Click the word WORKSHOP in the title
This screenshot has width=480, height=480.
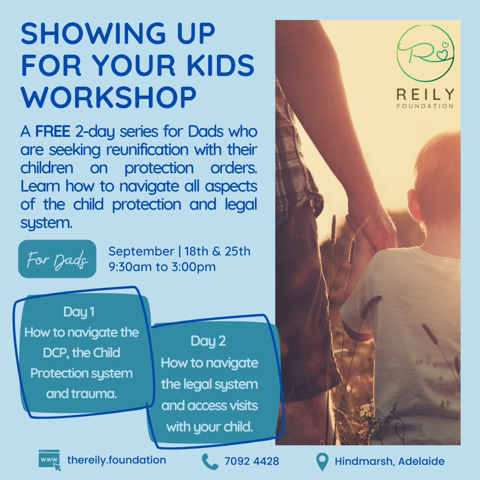pyautogui.click(x=108, y=97)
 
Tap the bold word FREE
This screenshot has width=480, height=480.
pyautogui.click(x=53, y=132)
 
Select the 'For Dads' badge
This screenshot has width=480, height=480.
pyautogui.click(x=57, y=259)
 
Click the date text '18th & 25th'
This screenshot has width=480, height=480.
pyautogui.click(x=217, y=251)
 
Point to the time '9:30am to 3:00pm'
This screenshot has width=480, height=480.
pyautogui.click(x=162, y=267)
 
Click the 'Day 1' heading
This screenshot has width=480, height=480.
pyautogui.click(x=79, y=312)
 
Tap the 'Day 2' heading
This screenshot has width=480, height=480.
pyautogui.click(x=208, y=341)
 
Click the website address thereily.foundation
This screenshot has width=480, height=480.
pyautogui.click(x=116, y=460)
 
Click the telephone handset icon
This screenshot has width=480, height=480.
pyautogui.click(x=210, y=461)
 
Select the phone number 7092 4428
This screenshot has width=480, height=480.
pyautogui.click(x=252, y=461)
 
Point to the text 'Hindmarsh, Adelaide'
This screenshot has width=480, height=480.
pyautogui.click(x=389, y=461)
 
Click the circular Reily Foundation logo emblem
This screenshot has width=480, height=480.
pyautogui.click(x=425, y=54)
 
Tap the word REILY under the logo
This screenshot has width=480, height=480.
pyautogui.click(x=425, y=94)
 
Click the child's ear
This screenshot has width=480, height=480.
pyautogui.click(x=415, y=205)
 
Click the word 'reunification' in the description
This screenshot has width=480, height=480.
pyautogui.click(x=147, y=150)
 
